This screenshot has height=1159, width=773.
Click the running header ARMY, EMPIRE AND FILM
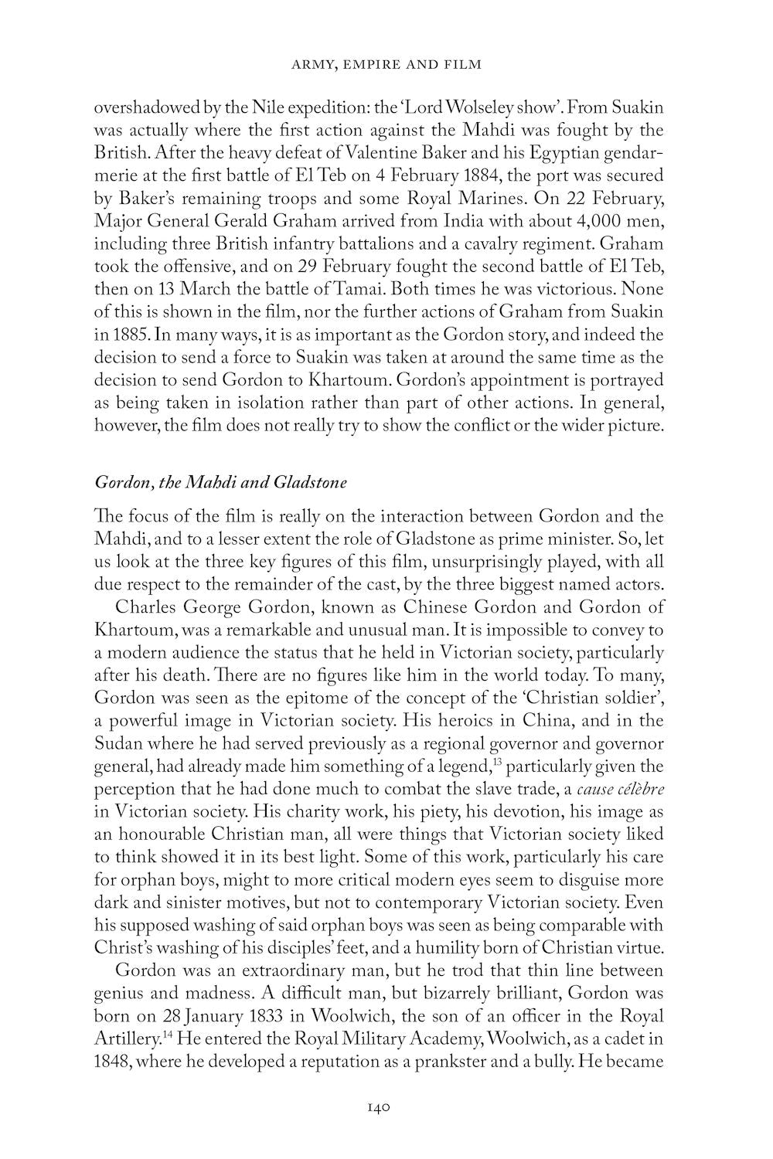tap(386, 64)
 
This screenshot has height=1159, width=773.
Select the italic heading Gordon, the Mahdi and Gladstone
tap(220, 483)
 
